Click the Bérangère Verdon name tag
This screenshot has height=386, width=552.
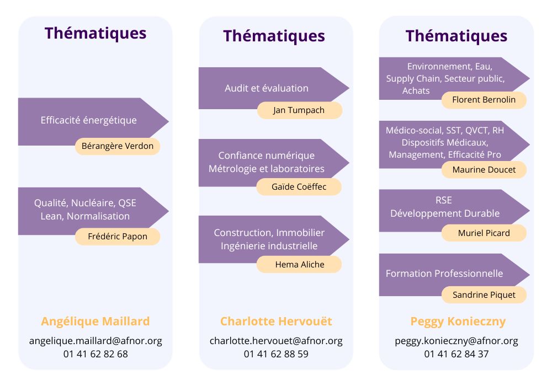(118, 147)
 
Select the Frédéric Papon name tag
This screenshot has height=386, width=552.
(118, 237)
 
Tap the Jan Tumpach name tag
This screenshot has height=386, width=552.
(299, 110)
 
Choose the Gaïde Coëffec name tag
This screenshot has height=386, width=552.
(299, 187)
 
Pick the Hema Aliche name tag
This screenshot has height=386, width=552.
(299, 265)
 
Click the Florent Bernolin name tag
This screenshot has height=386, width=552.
(484, 100)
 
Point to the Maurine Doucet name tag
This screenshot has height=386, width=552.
(484, 170)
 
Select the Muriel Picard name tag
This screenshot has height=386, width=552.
(484, 233)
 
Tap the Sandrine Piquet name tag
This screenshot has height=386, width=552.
(484, 295)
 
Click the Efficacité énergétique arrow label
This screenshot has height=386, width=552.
(89, 120)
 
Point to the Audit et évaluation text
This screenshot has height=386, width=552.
(267, 88)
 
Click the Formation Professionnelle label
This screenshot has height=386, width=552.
(444, 274)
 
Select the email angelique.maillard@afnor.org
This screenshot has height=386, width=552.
(95, 341)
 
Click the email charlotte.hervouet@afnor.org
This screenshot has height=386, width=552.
(276, 341)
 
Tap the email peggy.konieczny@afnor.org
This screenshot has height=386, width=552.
(457, 341)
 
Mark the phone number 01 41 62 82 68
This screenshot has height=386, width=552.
(95, 354)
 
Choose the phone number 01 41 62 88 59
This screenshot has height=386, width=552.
(276, 354)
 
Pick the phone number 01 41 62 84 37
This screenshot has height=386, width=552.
(457, 354)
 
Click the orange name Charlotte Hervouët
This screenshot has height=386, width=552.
(276, 321)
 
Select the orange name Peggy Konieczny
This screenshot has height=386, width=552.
(458, 321)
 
